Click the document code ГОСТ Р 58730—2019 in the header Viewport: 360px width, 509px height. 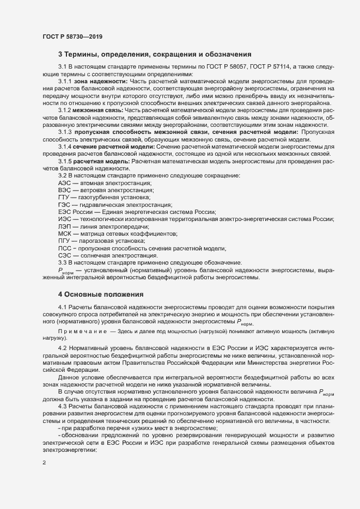click(x=72, y=36)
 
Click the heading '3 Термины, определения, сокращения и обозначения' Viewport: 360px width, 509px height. click(x=154, y=54)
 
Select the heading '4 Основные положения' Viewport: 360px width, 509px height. click(x=101, y=295)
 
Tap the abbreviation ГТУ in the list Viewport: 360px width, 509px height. click(x=64, y=198)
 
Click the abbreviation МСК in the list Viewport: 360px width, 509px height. click(x=65, y=234)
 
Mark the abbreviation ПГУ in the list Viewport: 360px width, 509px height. click(x=64, y=241)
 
